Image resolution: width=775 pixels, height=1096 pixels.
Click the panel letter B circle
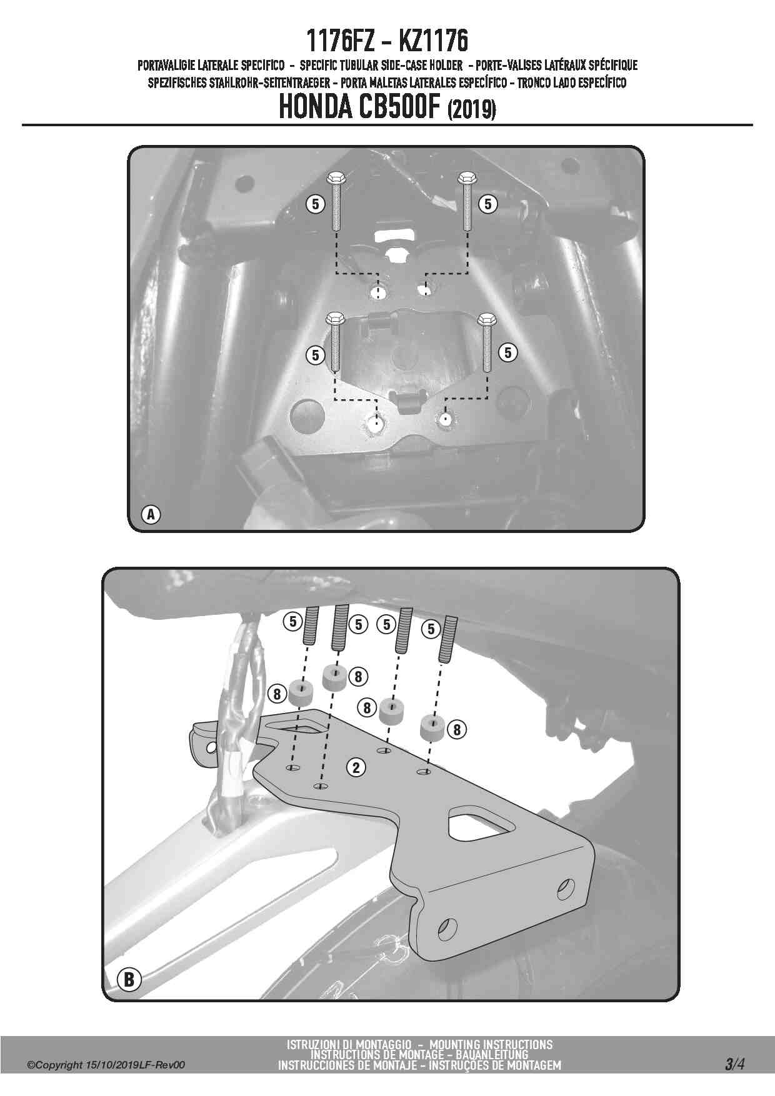coord(129,979)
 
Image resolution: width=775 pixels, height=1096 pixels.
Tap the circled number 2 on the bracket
coord(357,767)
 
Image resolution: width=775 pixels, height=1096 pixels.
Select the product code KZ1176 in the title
coord(432,41)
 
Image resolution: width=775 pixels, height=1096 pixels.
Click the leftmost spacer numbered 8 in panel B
coord(301,693)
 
